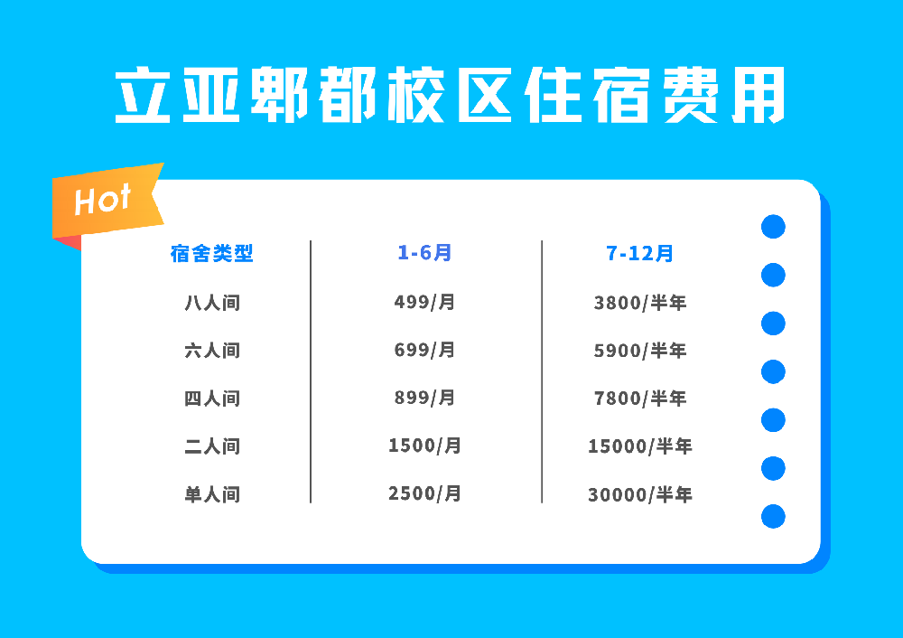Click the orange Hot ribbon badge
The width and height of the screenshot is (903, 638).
pos(107,202)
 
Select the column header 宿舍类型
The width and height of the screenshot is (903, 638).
pos(212,253)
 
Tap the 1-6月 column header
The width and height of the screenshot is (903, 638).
pos(424,252)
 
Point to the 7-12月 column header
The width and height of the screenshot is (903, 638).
pos(639,253)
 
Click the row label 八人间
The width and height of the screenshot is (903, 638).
pos(212,303)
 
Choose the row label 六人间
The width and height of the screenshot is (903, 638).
pos(212,351)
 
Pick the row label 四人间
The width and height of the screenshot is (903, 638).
pos(212,399)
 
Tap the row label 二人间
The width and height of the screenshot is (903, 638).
pos(212,446)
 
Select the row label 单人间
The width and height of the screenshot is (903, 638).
pos(212,494)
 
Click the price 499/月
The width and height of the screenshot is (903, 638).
pos(424,302)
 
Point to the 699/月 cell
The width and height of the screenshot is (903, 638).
pos(424,350)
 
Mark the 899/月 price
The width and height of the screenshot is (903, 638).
pos(424,398)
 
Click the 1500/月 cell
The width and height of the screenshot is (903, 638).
pos(424,446)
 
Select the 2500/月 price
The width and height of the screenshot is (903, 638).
pos(424,493)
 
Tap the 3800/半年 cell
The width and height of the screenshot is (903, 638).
pos(640,303)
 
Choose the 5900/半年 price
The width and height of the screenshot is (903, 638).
pos(640,351)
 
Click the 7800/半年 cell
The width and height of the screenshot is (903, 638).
pos(640,399)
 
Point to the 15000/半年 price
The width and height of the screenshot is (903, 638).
pos(640,446)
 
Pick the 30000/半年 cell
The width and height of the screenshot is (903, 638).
pos(640,494)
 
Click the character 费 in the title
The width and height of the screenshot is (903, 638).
pos(691,95)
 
